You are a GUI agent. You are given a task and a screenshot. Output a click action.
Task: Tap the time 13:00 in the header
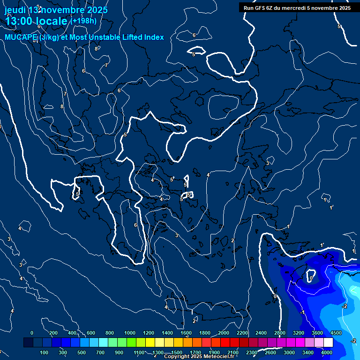coord(22,21)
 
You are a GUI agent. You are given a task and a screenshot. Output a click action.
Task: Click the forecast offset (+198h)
coord(83,21)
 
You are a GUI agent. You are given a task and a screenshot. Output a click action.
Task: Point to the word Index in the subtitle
coord(153,37)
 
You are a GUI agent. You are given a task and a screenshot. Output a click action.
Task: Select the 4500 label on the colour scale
coord(336,333)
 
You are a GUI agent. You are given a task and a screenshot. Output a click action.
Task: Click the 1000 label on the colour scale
coord(130,333)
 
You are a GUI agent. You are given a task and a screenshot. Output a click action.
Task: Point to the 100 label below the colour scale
coord(45,352)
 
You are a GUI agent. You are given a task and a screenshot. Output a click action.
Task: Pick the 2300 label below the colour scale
coord(252,352)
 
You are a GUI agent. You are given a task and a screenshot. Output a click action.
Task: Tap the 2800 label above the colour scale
coord(280,333)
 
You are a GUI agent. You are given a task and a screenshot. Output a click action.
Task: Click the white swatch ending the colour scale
coord(328,343)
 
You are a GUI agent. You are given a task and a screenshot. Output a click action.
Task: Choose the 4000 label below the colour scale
coord(327,352)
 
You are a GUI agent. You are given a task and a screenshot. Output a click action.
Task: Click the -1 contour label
coord(303,312)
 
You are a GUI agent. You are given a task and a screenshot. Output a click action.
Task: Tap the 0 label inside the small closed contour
coord(311,278)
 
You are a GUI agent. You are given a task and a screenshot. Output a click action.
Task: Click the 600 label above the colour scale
coord(91,333)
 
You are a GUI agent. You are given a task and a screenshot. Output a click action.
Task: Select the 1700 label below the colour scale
coord(195,352)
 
